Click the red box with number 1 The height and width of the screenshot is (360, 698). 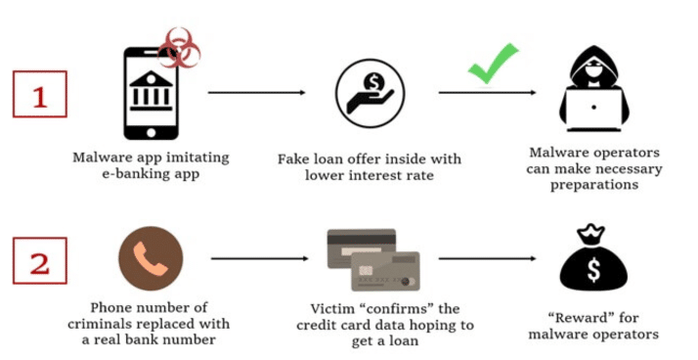pos(40,94)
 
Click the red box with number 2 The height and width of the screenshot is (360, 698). pos(40,260)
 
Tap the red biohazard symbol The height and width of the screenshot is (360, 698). pos(179,48)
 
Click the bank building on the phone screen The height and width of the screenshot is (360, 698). pos(151,90)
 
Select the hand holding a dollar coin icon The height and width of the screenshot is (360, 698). pos(370,93)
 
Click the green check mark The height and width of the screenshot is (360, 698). pos(494,63)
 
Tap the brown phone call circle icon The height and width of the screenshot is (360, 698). pos(151,258)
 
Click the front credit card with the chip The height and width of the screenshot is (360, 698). pos(385,271)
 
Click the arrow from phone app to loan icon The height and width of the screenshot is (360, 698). pos(257,93)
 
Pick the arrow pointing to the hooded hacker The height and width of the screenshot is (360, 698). pos(487,93)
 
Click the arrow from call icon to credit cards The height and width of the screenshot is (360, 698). pos(259,258)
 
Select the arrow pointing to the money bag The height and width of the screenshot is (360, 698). pos(487,258)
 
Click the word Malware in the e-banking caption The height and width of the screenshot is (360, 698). pos(98,157)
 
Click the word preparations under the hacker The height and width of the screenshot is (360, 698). pos(594,185)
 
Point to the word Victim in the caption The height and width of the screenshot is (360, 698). pos(327,309)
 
